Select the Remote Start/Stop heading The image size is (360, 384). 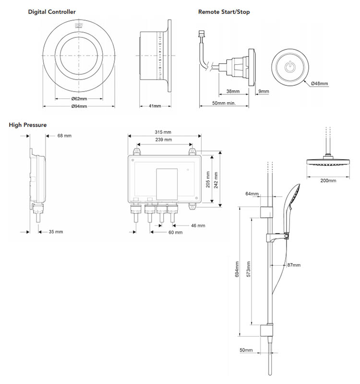pyautogui.click(x=224, y=12)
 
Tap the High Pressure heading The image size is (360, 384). pyautogui.click(x=28, y=125)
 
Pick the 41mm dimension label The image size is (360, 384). pyautogui.click(x=155, y=106)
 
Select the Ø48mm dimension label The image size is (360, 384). pyautogui.click(x=320, y=83)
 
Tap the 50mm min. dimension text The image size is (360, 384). pyautogui.click(x=224, y=103)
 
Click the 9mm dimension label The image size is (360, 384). pyautogui.click(x=264, y=91)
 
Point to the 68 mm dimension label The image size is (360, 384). pyautogui.click(x=64, y=136)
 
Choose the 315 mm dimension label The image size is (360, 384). pyautogui.click(x=164, y=132)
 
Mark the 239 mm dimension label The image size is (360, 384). pyautogui.click(x=164, y=140)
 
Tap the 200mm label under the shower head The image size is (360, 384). pyautogui.click(x=328, y=180)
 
